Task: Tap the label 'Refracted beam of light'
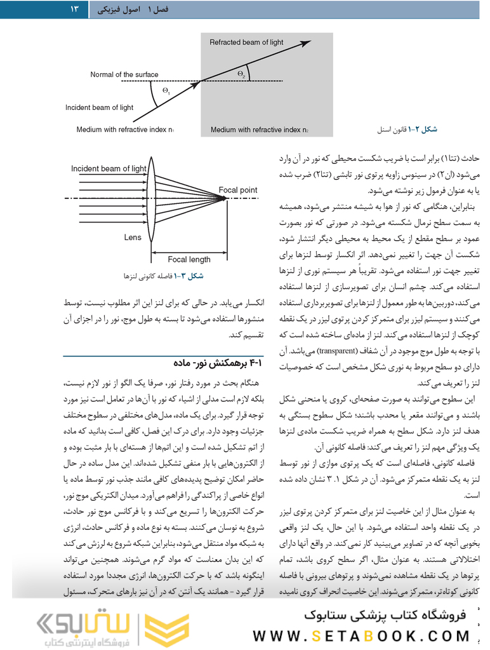246,43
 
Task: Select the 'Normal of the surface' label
124,75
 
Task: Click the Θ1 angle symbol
166,91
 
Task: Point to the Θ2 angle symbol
241,74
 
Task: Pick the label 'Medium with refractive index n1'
126,130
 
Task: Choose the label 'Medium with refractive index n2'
260,130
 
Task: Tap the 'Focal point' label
238,190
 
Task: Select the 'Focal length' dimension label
189,259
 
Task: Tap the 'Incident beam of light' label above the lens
109,169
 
